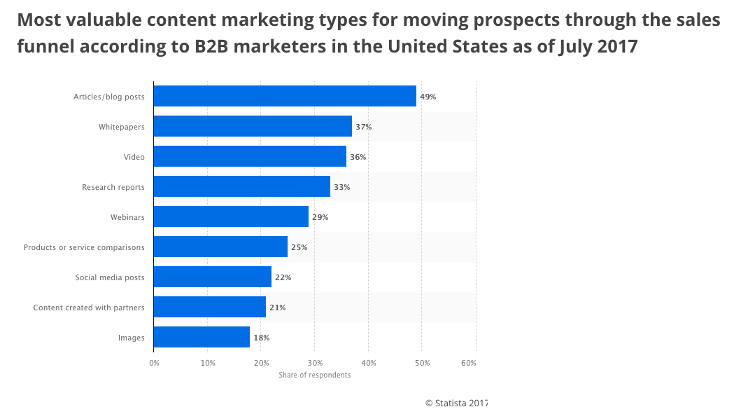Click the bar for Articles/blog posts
[285, 97]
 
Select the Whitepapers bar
[253, 127]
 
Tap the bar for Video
[250, 157]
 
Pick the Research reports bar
[241, 187]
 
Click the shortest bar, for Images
[202, 338]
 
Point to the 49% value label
[428, 97]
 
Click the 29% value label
[320, 217]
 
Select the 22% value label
[283, 277]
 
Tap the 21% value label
[277, 308]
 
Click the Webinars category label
[127, 217]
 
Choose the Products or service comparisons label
[84, 247]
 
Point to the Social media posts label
[110, 277]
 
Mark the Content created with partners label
[89, 308]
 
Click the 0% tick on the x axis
[154, 363]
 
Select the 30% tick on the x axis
[315, 363]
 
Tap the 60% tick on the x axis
[469, 363]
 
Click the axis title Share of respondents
[314, 375]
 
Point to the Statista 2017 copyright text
[456, 403]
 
